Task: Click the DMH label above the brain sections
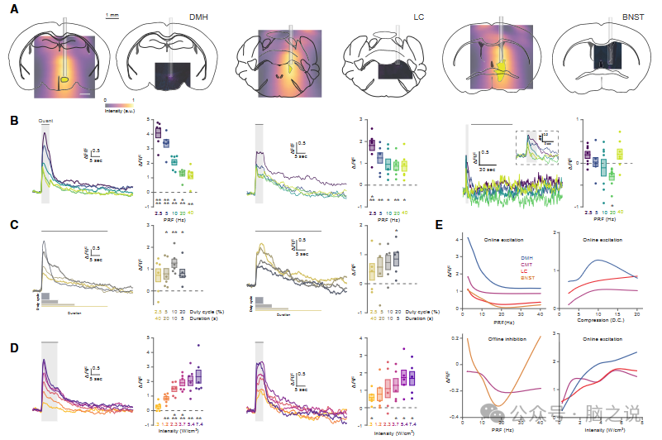pos(199,17)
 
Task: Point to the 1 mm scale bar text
pos(114,15)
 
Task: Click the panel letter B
pos(14,121)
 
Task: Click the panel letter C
pos(14,224)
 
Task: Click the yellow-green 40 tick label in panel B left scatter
pos(191,212)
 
